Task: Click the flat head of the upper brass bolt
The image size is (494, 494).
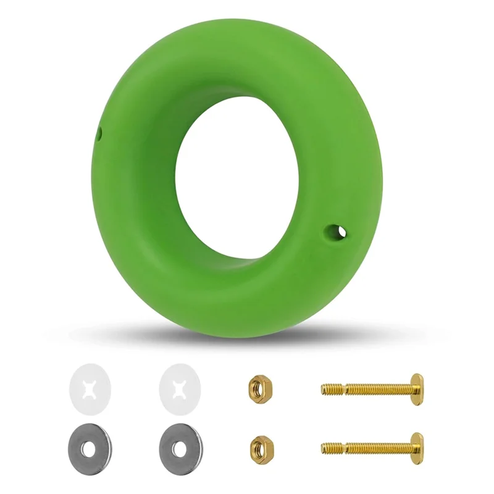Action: pyautogui.click(x=417, y=388)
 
